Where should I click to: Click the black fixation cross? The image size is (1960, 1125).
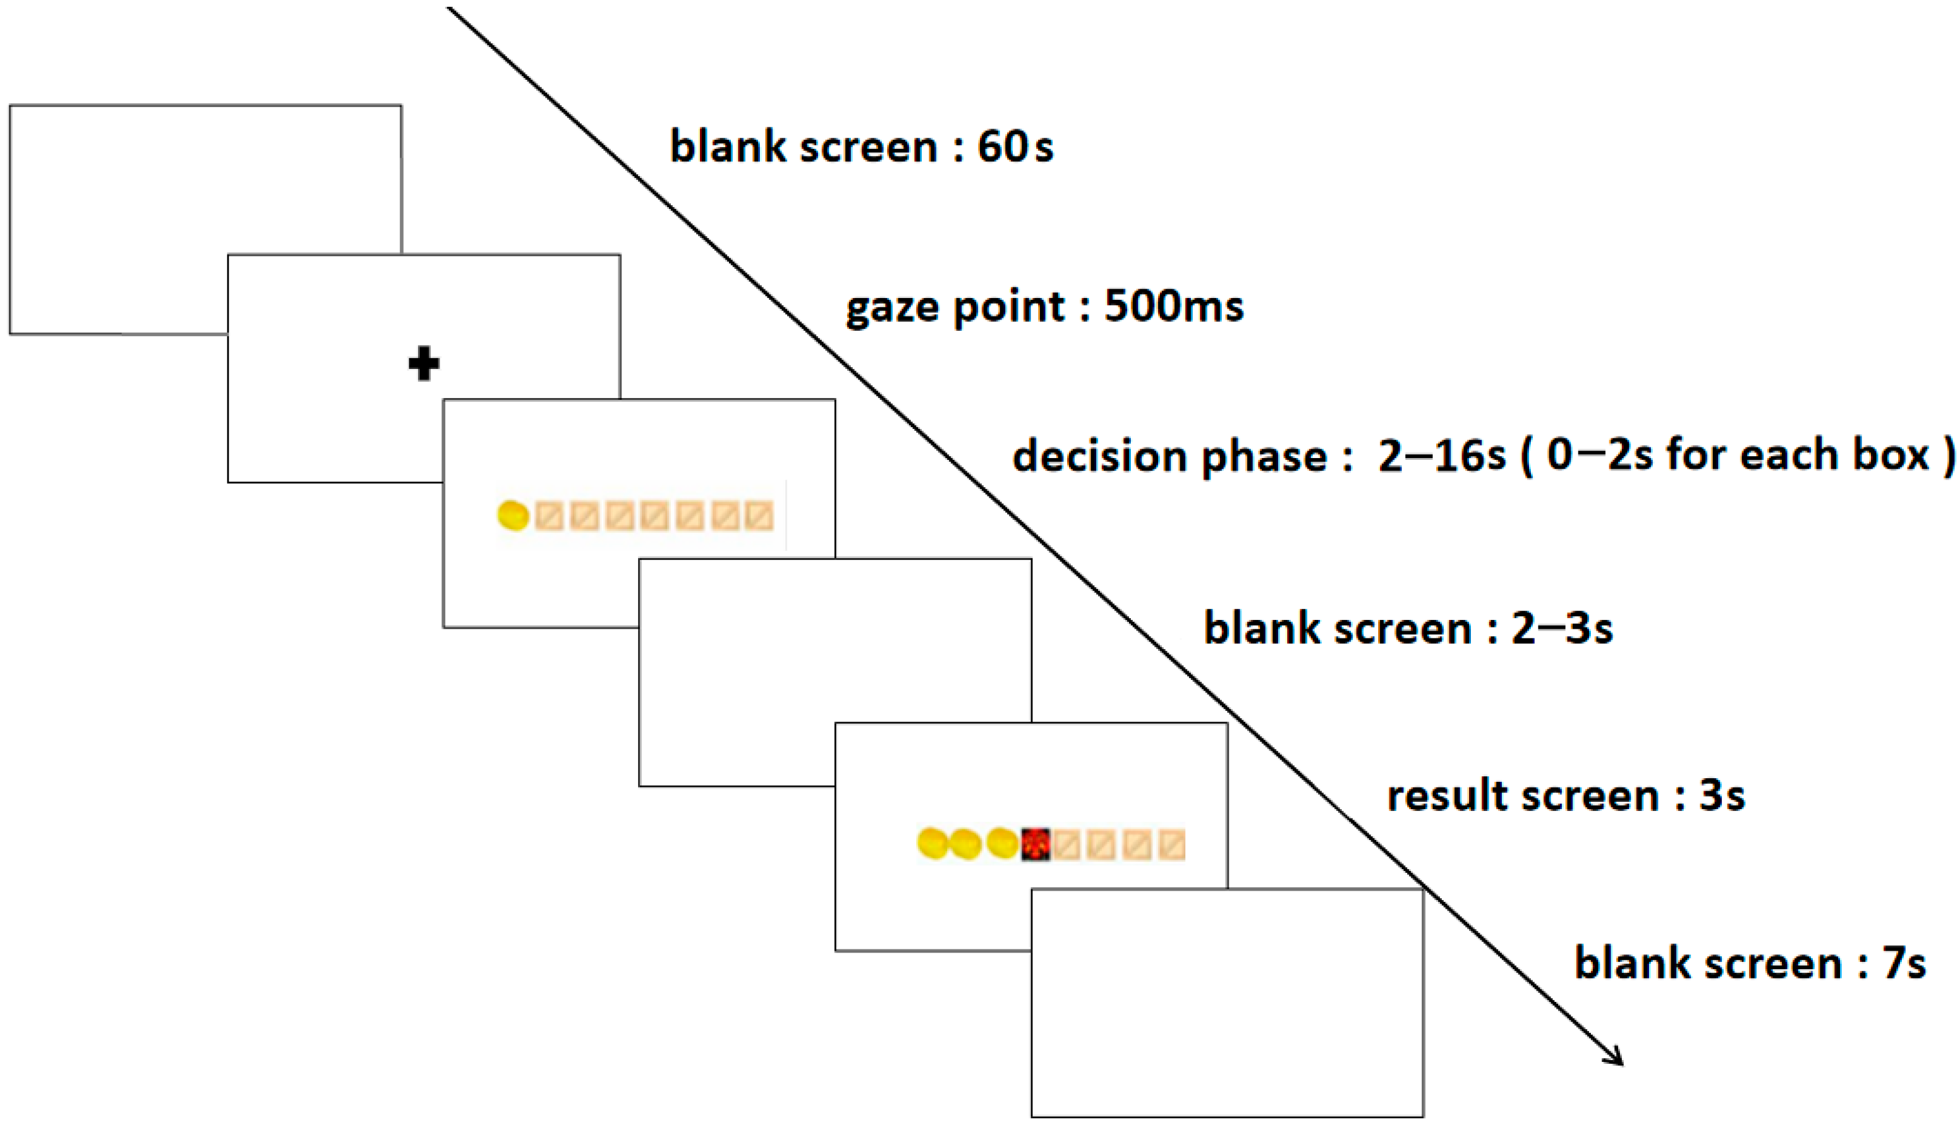(x=424, y=364)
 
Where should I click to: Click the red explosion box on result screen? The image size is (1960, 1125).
(x=1036, y=844)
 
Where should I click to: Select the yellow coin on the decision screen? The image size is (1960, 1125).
(x=513, y=516)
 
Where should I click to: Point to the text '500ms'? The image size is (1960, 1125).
(x=1174, y=306)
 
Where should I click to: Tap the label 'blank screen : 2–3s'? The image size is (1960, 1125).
(x=1407, y=627)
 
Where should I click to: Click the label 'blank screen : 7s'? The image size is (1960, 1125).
(x=1750, y=963)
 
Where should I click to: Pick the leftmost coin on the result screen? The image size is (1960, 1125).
(x=932, y=844)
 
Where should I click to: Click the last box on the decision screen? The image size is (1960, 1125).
(x=759, y=516)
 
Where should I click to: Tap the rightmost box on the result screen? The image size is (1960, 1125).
(x=1172, y=844)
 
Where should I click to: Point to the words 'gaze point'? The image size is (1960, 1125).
(x=955, y=308)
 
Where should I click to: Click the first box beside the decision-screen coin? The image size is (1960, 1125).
(x=549, y=516)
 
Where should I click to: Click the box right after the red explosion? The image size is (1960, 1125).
(x=1067, y=844)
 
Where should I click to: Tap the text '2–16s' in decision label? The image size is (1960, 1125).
(x=1441, y=456)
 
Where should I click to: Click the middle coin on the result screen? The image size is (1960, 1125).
(x=965, y=844)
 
